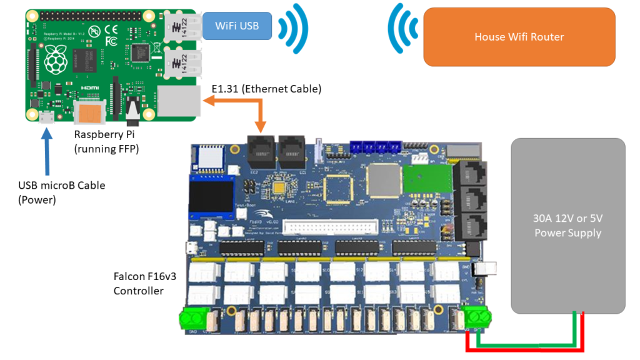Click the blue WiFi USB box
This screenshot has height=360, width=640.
point(237,26)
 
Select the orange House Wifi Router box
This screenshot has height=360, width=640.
point(519,37)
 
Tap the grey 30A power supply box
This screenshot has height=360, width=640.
point(567,226)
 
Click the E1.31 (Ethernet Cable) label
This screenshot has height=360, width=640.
point(266,89)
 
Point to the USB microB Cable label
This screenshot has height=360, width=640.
point(62,191)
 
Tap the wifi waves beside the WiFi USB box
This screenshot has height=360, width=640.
point(293,26)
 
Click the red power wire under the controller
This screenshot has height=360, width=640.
point(525,348)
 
